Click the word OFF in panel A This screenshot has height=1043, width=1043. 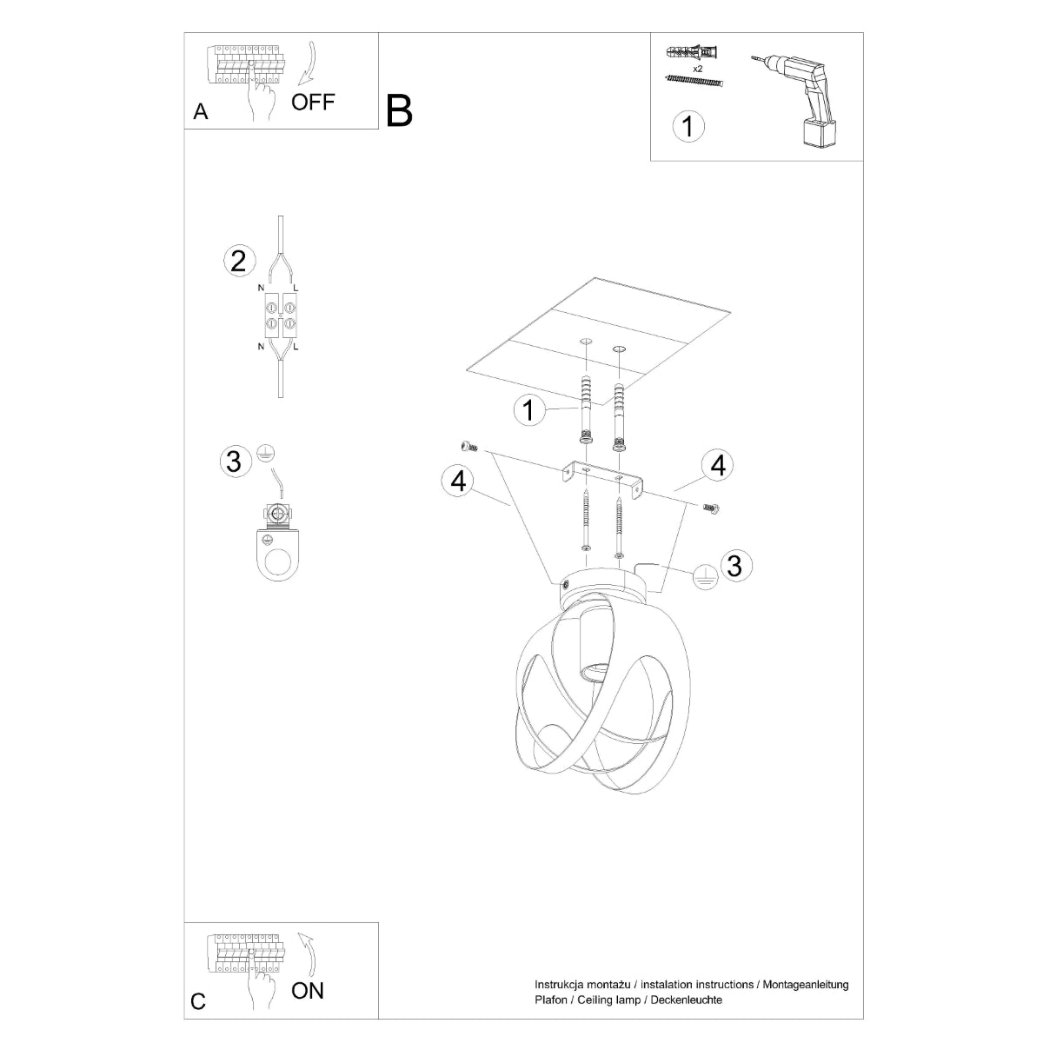click(312, 102)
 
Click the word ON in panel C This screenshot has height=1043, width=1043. click(308, 990)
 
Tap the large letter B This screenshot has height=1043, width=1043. click(399, 110)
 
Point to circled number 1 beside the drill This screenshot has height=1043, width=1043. click(688, 127)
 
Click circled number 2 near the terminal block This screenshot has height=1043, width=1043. click(238, 261)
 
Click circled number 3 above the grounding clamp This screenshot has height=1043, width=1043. click(233, 461)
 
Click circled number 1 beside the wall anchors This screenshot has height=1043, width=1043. click(528, 409)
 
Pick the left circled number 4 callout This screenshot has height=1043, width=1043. click(457, 480)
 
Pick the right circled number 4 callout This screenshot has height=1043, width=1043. click(717, 466)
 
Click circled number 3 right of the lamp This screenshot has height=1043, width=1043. click(734, 566)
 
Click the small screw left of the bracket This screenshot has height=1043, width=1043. click(470, 446)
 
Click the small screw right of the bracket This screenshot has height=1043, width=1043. click(712, 508)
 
